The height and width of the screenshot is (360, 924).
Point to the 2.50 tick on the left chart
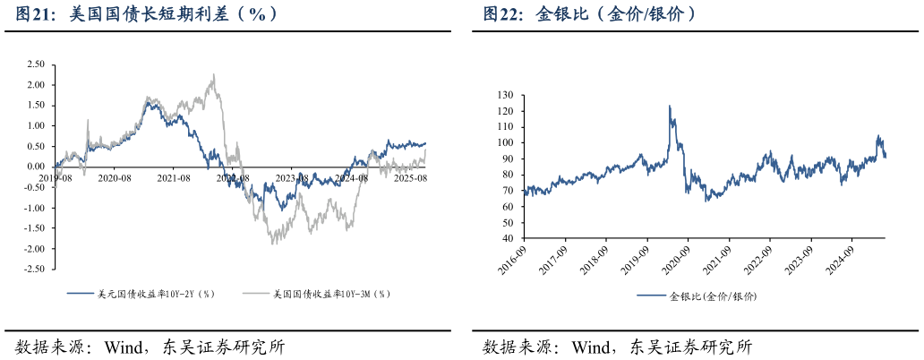click(x=36, y=64)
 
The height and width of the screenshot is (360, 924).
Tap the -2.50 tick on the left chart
click(x=34, y=270)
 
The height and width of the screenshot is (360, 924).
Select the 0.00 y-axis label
click(x=36, y=167)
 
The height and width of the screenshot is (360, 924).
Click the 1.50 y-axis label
click(x=36, y=106)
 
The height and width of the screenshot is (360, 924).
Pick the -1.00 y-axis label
click(x=34, y=208)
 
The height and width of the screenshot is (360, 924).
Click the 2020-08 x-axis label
click(x=115, y=178)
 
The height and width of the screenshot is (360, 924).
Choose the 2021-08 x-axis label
click(x=173, y=178)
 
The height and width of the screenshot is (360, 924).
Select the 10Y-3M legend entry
click(x=331, y=293)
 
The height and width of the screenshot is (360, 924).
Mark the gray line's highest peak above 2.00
click(x=213, y=75)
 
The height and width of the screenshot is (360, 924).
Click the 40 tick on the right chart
click(x=507, y=239)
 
